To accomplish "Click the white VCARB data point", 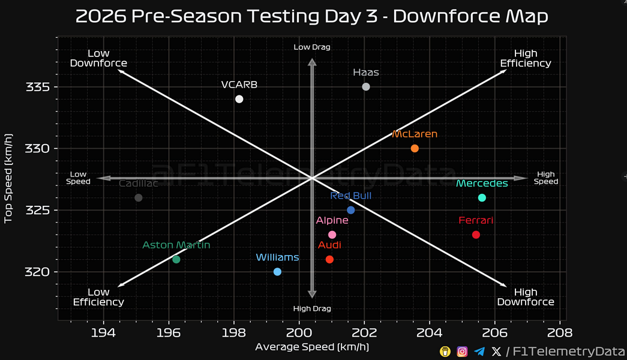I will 239,99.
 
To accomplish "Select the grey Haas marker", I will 366,87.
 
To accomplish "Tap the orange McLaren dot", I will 415,148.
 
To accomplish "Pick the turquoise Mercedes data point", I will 482,198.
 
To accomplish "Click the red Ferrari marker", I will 476,235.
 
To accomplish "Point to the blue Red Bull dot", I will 351,210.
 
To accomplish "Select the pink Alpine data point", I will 332,235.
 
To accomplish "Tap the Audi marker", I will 329,259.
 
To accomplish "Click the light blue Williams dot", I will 277,272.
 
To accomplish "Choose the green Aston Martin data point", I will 176,259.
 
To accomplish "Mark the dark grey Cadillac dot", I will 139,198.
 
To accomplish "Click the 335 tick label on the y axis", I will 37,87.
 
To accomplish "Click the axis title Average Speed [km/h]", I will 312,347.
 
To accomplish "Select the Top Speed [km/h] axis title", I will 8,178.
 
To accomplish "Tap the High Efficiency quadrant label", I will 525,58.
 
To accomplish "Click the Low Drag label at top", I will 312,47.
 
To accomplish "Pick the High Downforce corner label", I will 525,297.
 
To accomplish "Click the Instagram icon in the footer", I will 462,352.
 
